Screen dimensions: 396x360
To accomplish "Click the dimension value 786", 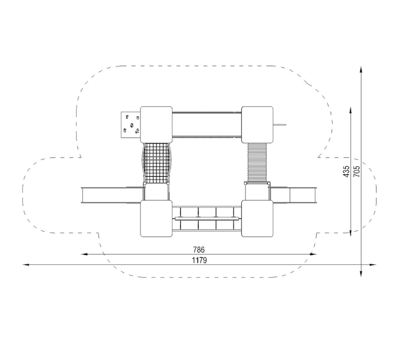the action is click(199, 250).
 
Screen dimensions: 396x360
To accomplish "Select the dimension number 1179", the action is click(199, 260).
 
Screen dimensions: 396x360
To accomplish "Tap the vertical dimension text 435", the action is click(346, 171).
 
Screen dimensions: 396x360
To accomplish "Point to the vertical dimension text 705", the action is click(356, 171).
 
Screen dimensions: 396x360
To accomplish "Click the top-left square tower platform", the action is click(156, 125).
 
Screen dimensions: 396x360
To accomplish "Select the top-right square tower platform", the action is click(257, 125).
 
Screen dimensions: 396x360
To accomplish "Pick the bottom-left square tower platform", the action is click(156, 218).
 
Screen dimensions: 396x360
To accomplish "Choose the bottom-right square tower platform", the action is click(257, 218).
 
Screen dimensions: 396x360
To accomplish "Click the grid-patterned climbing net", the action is click(156, 163).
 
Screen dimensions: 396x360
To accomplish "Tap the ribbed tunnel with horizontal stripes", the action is click(257, 162).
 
